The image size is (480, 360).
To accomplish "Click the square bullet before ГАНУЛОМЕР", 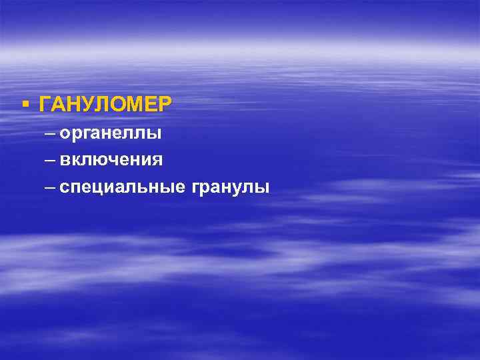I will coord(25,103).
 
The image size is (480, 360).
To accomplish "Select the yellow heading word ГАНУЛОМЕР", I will coord(105,105).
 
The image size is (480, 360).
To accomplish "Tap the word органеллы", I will coord(110,134).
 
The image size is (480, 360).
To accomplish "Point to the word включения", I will coord(111,160).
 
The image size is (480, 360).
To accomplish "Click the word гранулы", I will coord(231,188).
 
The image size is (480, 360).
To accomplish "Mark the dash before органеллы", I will coord(51,134).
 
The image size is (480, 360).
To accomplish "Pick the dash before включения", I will coord(51,161).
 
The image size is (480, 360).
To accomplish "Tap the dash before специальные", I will coord(51,187).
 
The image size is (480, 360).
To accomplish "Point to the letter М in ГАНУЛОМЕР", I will coord(134,105).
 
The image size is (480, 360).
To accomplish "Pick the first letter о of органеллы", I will coord(64,134).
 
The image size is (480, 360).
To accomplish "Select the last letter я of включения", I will coord(157,161).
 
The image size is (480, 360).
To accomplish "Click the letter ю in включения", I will coord(106,161).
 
